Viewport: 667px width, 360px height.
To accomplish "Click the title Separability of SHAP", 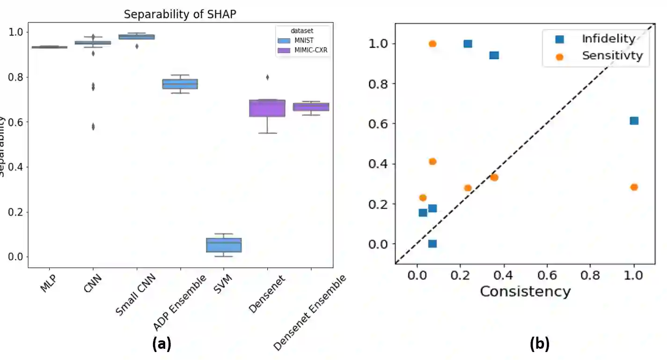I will [x=180, y=15].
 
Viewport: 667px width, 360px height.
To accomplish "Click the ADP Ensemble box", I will [x=180, y=84].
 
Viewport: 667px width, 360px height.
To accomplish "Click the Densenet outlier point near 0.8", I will [x=267, y=77].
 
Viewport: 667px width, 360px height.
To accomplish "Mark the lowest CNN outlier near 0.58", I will [x=93, y=126].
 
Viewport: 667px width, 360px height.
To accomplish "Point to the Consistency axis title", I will [x=525, y=291].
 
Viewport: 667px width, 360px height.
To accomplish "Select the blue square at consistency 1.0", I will [x=634, y=121].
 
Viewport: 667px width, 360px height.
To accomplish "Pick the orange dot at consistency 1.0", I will [x=634, y=187].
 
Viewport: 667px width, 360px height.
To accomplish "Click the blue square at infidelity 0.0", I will [x=432, y=243].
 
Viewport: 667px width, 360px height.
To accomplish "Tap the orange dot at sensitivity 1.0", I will [x=432, y=44].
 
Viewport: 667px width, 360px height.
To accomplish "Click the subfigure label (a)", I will [x=162, y=345].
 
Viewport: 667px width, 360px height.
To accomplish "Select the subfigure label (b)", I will [x=539, y=345].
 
